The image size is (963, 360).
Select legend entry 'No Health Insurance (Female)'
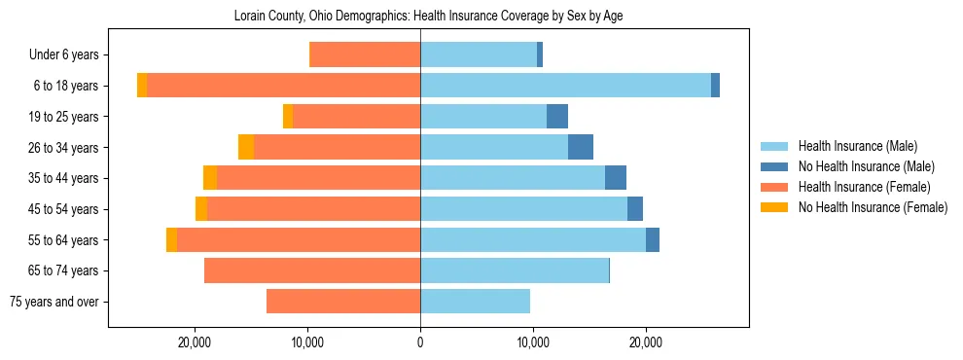click(x=873, y=207)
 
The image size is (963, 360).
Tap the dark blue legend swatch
click(x=775, y=166)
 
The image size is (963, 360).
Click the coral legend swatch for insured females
click(x=775, y=187)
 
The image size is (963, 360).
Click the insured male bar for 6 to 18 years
click(x=565, y=86)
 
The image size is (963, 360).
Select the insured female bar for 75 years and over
click(x=343, y=302)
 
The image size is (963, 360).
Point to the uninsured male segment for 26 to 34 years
click(x=581, y=147)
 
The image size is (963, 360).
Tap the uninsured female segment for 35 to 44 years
click(x=210, y=178)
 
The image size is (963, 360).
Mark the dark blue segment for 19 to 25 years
click(x=557, y=117)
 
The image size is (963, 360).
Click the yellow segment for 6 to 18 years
click(x=142, y=86)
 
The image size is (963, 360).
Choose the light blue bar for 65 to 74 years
click(x=515, y=270)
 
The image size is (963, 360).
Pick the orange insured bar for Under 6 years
click(x=365, y=54)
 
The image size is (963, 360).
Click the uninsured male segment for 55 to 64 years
click(x=653, y=239)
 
